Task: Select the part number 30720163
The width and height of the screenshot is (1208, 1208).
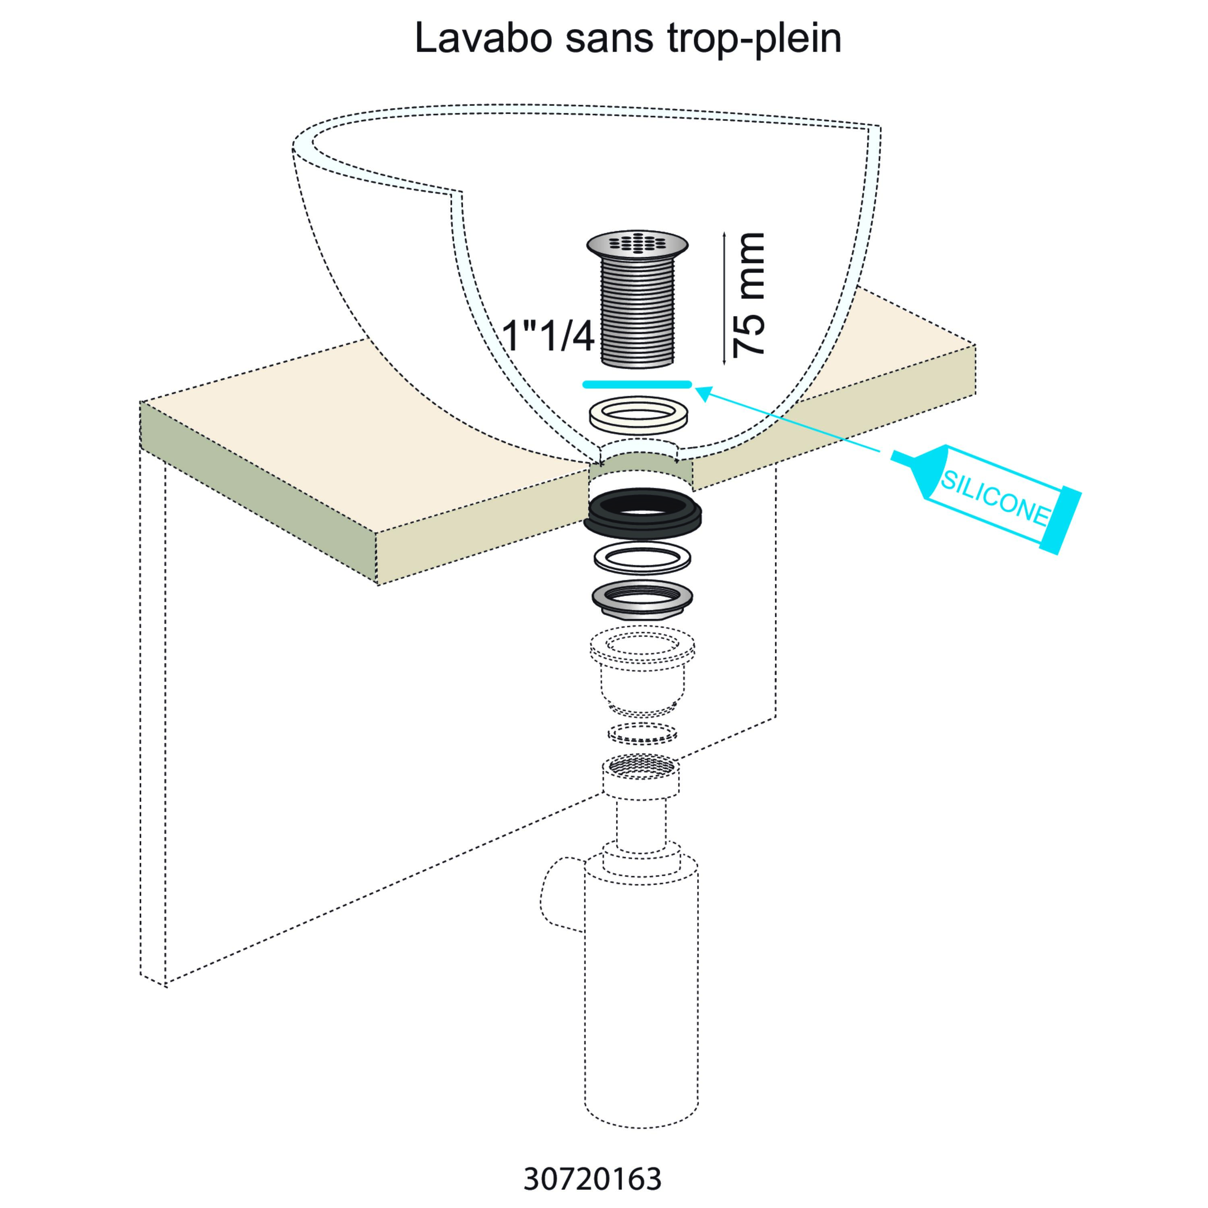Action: click(x=592, y=1179)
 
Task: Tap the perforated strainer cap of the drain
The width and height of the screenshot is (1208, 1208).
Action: click(x=637, y=244)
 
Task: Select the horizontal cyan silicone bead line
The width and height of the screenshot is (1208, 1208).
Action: click(x=637, y=384)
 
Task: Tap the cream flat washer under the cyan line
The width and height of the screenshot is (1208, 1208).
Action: click(x=638, y=413)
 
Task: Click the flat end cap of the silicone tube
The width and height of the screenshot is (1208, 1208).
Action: click(x=1061, y=521)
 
